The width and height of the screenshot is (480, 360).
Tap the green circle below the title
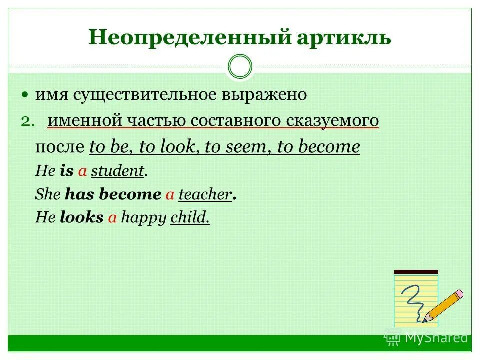click(x=240, y=66)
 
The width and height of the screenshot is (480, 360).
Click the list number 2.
click(x=28, y=121)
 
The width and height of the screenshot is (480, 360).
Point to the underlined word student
click(x=117, y=171)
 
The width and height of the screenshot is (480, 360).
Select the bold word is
click(x=66, y=171)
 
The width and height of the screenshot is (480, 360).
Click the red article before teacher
click(x=170, y=195)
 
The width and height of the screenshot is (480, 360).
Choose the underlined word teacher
click(x=205, y=195)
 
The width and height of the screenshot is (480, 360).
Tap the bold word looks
click(x=81, y=218)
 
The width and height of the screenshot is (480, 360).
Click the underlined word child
click(x=190, y=218)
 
